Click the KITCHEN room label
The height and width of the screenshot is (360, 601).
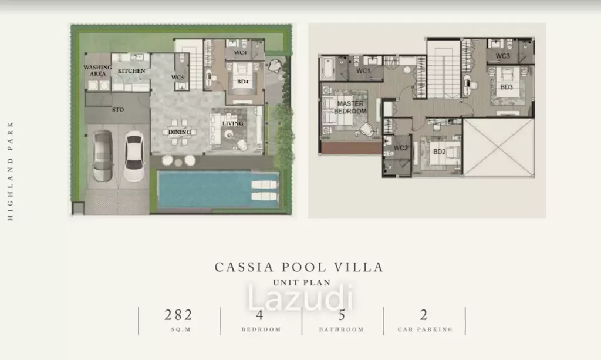[131, 71]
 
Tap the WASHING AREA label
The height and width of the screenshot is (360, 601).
[98, 70]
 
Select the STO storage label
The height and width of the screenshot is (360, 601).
[118, 110]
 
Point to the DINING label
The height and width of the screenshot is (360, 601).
[180, 132]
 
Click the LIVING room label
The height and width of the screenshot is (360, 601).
[232, 123]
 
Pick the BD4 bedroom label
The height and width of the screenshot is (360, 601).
[242, 82]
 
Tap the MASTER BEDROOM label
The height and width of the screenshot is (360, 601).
[350, 107]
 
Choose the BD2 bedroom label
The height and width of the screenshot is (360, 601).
[439, 152]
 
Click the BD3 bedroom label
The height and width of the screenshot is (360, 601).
[507, 87]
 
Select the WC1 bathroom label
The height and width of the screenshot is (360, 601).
[363, 71]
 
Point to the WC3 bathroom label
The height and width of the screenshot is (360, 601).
[502, 56]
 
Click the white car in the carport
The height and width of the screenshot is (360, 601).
[134, 156]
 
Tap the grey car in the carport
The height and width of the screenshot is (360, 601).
[103, 156]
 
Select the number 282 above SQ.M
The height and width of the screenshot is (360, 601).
[178, 315]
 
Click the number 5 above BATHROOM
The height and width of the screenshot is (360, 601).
[342, 315]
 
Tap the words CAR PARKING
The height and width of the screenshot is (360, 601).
[425, 329]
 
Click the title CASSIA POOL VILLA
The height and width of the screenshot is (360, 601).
[299, 267]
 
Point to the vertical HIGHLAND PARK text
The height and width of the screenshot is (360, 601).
[11, 171]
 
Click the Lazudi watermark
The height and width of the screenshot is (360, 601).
[300, 298]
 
